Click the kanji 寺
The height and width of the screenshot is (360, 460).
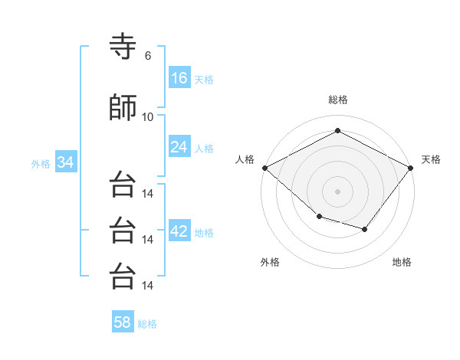(123, 46)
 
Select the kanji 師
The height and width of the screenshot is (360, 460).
(123, 107)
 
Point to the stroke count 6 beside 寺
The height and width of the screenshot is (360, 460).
(148, 56)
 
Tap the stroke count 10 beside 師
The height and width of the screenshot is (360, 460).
(147, 117)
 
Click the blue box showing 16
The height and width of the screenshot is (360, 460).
(179, 77)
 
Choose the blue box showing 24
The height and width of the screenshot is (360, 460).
(179, 146)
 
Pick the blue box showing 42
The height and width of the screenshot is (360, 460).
(179, 230)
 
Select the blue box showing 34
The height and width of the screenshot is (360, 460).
(66, 162)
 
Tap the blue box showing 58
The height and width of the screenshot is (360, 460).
(123, 321)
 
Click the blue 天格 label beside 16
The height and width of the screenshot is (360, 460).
(204, 80)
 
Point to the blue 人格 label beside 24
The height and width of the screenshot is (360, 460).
(204, 149)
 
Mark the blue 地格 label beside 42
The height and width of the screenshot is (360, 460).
(204, 233)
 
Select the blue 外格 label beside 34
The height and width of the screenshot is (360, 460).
(41, 164)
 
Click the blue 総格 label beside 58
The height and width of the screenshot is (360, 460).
(147, 324)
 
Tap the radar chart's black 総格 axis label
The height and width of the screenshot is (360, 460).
(338, 100)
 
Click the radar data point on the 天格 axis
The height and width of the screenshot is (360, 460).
(410, 168)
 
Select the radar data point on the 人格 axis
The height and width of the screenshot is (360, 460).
(265, 168)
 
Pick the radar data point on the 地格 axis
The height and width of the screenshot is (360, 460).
(365, 229)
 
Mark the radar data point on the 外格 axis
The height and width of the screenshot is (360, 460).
(320, 217)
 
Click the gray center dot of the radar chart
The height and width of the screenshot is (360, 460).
(337, 191)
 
